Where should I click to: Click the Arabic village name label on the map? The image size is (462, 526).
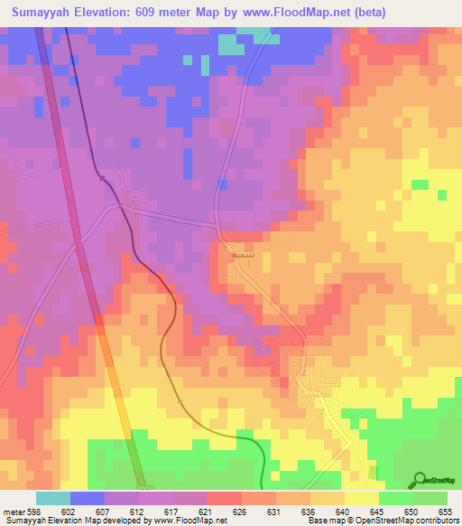(x=237, y=254)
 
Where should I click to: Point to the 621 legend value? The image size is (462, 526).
(x=207, y=512)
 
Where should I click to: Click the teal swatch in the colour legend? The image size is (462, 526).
(x=52, y=498)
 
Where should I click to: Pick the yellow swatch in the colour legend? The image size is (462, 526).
(x=361, y=498)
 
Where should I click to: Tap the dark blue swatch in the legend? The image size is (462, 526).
(x=87, y=498)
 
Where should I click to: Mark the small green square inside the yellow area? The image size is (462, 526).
(x=420, y=184)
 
